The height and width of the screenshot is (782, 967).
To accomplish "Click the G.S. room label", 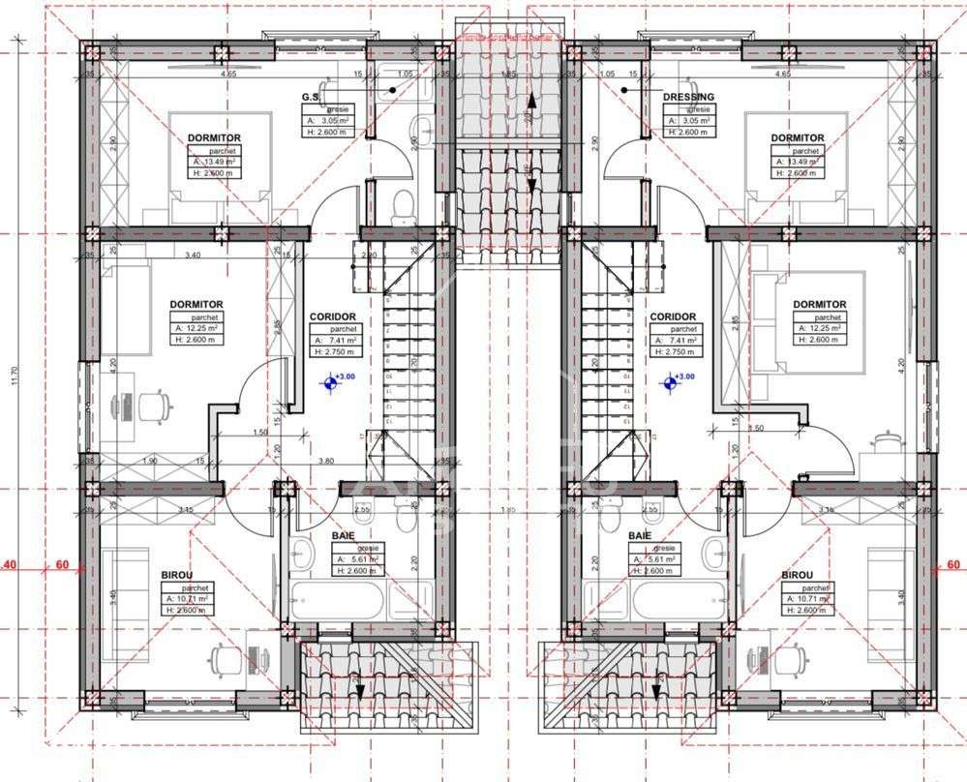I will pyautogui.click(x=311, y=97).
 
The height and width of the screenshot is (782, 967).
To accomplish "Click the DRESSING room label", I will pyautogui.click(x=688, y=97).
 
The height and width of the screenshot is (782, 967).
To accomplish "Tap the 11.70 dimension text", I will pyautogui.click(x=13, y=376).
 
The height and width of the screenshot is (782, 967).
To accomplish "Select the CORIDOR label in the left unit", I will pyautogui.click(x=332, y=316).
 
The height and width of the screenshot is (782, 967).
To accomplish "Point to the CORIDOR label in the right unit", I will pyautogui.click(x=673, y=316).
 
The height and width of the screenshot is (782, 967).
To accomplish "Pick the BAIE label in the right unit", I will pyautogui.click(x=639, y=535).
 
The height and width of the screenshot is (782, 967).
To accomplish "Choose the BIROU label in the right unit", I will pyautogui.click(x=798, y=575).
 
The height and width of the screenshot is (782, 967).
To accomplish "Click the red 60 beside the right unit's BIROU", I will pyautogui.click(x=952, y=565).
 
